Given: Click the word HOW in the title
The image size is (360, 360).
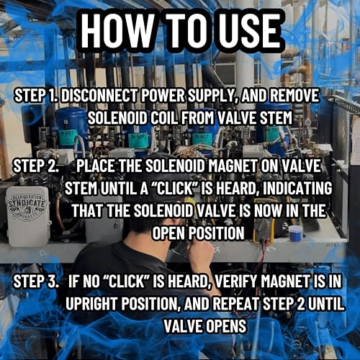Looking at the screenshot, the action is (117, 30).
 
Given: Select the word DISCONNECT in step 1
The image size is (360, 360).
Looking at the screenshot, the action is (99, 95).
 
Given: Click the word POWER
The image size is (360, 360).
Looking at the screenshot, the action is (163, 95).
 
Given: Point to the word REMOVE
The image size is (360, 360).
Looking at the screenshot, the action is (294, 95).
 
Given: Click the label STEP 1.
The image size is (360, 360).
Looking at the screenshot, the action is (36, 95).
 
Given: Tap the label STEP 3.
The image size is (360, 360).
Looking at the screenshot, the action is (36, 281).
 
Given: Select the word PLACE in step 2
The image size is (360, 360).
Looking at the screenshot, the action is (95, 166).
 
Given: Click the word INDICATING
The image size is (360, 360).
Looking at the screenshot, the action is (297, 188).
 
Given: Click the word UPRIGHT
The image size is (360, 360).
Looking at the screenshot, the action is (91, 303).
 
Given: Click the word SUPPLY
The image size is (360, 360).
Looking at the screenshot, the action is (211, 95).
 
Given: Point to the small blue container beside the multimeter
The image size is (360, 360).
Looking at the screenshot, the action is (295, 233).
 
